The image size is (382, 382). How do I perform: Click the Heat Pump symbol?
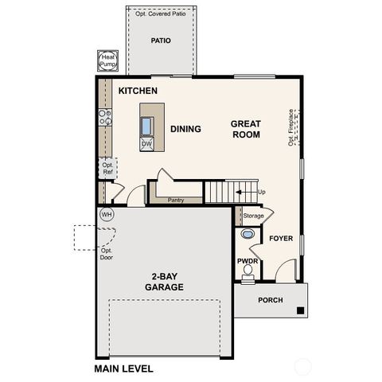click(107, 60)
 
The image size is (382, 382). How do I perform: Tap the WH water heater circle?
click(107, 214)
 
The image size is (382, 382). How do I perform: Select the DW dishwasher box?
click(146, 144)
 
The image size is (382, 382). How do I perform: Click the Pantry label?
click(176, 200)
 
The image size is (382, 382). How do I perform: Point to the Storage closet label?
click(253, 216)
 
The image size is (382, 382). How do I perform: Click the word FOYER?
click(281, 238)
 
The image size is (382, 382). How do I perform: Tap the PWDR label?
click(248, 260)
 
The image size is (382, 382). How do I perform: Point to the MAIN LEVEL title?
click(123, 368)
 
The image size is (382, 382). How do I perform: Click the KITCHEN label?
click(138, 91)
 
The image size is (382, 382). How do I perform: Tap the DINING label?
click(185, 129)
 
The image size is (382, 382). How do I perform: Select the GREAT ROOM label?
click(246, 129)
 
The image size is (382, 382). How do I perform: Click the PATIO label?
click(162, 41)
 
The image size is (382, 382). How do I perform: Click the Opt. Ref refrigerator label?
click(107, 168)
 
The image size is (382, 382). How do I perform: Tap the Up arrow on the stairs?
click(255, 192)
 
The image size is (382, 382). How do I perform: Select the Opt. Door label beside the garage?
click(107, 254)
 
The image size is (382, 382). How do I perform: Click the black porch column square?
click(300, 310)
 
